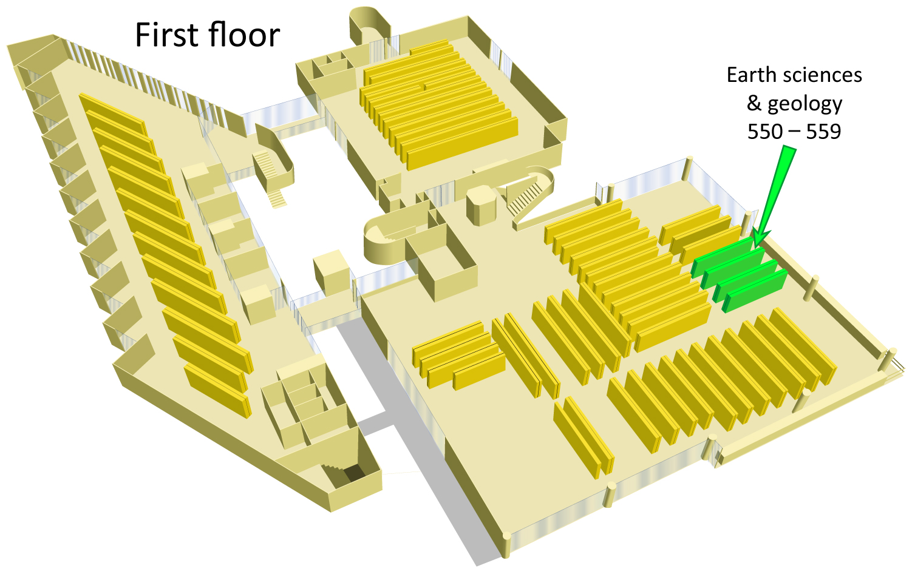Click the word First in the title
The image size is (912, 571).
coord(168,35)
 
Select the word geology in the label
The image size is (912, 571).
coord(805,104)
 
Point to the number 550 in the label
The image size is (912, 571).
coord(765,132)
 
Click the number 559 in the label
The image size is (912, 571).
coord(823,132)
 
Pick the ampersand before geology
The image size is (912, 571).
coord(754,103)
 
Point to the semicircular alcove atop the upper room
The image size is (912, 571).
coord(369,24)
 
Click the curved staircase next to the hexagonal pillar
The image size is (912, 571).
coord(529,195)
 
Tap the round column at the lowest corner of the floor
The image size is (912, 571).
coord(506,546)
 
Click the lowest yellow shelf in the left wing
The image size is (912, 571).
coord(218,391)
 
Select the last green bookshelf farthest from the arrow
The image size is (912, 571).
coord(755,291)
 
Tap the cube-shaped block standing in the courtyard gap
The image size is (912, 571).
coord(332,272)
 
